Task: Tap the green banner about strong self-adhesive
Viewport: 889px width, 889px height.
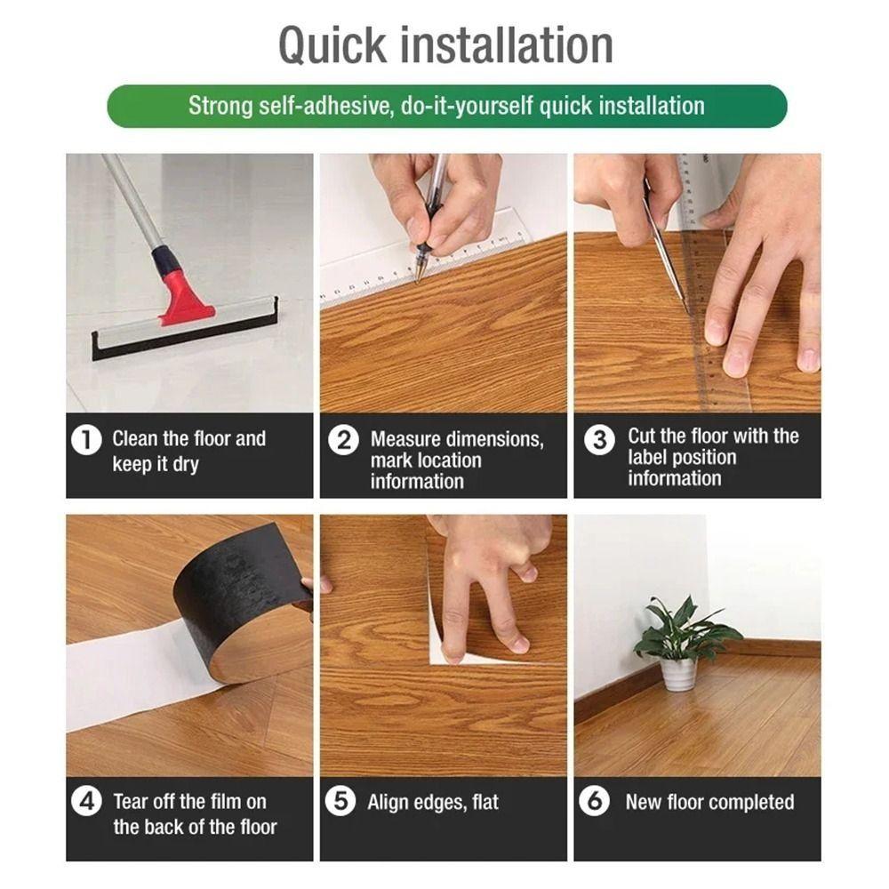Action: (446, 107)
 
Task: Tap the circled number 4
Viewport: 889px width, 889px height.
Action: (85, 802)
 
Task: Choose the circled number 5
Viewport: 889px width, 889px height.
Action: (340, 802)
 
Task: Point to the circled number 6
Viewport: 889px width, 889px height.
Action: (594, 802)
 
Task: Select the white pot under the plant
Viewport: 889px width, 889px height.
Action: (678, 672)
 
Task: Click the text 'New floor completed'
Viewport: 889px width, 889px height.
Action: (709, 802)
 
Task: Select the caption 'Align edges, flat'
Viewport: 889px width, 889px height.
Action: (434, 802)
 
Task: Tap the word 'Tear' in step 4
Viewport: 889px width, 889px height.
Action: (132, 802)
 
